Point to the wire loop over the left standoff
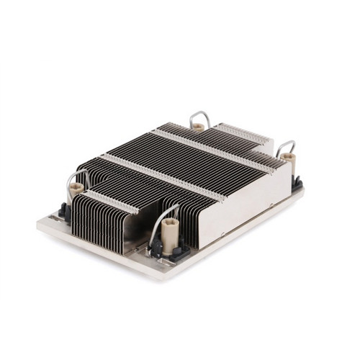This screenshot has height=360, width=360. [x=78, y=176]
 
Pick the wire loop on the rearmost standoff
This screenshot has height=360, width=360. [x=198, y=117]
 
